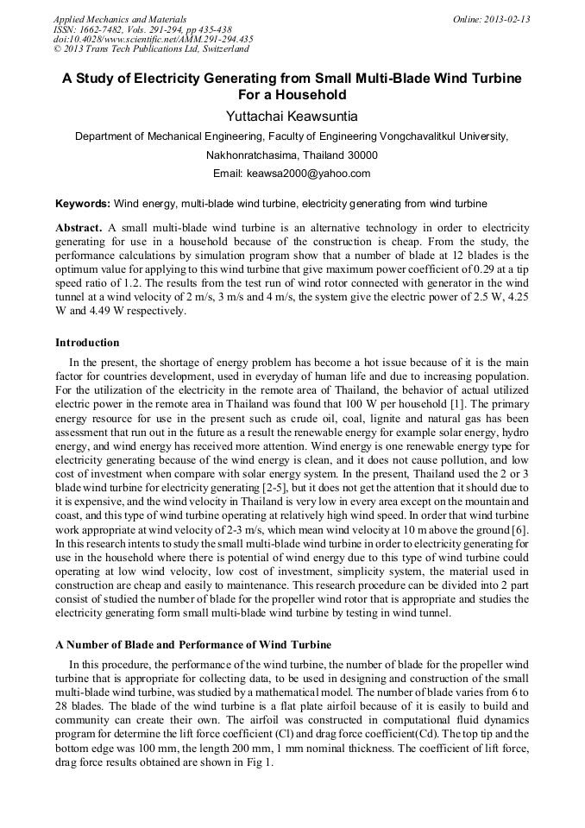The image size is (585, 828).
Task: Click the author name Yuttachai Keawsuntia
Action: pos(292,116)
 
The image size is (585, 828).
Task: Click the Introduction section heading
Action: pos(87,343)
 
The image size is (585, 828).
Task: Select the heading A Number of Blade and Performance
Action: pos(193,645)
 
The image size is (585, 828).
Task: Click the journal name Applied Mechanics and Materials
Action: pos(119,19)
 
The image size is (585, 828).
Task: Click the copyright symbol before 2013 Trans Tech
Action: pos(57,49)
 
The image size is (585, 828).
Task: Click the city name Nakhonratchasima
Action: pos(251,155)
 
